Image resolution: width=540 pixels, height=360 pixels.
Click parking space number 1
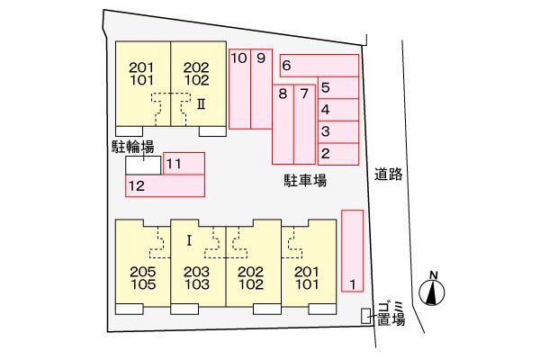point(352,251)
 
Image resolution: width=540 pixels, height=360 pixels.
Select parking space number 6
point(319,66)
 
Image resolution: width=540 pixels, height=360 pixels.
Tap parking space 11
point(184,163)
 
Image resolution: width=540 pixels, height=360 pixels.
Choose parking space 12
point(166,185)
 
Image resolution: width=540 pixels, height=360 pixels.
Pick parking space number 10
point(239,89)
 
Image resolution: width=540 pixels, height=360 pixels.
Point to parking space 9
point(261,89)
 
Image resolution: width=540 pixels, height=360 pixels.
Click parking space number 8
point(283,124)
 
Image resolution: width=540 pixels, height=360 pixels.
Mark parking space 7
point(305,124)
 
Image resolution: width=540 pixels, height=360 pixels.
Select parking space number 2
point(338,154)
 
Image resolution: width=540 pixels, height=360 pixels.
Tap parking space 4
point(338,110)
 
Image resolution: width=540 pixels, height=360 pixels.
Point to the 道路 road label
point(389,174)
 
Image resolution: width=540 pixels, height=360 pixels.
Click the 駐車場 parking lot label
point(305,181)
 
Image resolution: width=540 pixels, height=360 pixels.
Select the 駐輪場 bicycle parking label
point(133,147)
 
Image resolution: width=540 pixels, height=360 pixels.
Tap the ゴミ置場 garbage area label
point(391,313)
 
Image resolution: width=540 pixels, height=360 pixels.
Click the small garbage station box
point(365,316)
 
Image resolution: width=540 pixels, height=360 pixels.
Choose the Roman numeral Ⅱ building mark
point(202,104)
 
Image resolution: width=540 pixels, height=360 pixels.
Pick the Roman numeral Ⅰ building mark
point(189,241)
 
